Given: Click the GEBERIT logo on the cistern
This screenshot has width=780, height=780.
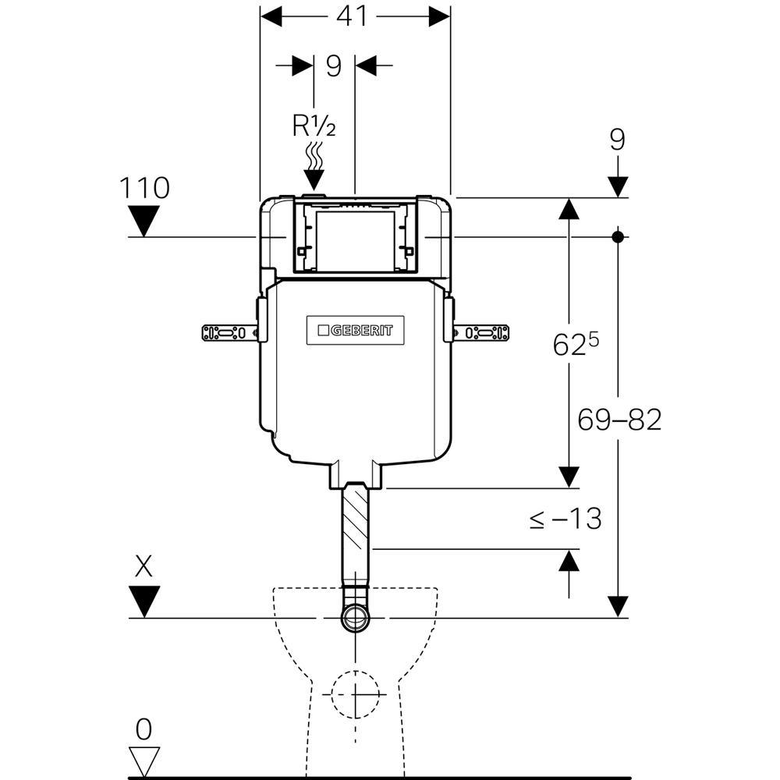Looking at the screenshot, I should [x=355, y=331].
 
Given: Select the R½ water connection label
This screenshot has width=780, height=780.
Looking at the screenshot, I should [x=314, y=126].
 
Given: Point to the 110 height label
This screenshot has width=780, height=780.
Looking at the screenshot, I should [x=144, y=188].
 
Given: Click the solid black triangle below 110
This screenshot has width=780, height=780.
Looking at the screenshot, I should [x=144, y=221].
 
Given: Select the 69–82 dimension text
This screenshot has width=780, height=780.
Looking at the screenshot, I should [x=619, y=420].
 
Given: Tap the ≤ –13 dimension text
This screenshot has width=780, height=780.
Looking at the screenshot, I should [x=565, y=518].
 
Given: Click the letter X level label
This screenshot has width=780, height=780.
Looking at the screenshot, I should [x=144, y=566].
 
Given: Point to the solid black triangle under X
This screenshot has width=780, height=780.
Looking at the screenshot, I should [x=144, y=601].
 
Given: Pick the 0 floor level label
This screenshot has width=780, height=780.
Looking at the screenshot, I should [x=144, y=730].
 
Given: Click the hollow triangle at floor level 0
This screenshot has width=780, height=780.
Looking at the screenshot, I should [x=144, y=760].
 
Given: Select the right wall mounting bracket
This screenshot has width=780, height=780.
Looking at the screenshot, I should [x=481, y=333].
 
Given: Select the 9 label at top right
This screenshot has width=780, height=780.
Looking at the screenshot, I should [x=617, y=140].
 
